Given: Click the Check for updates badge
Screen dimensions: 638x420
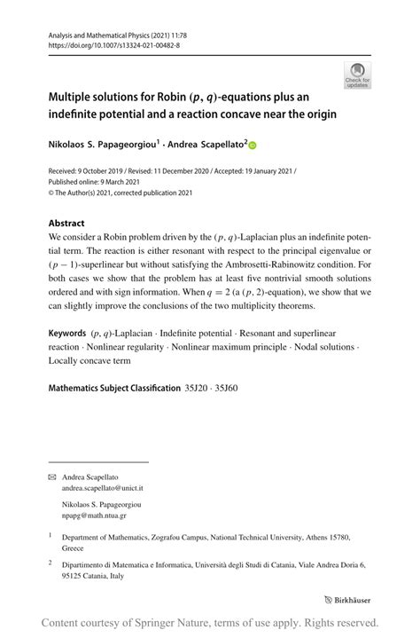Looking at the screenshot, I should coord(357,75).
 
